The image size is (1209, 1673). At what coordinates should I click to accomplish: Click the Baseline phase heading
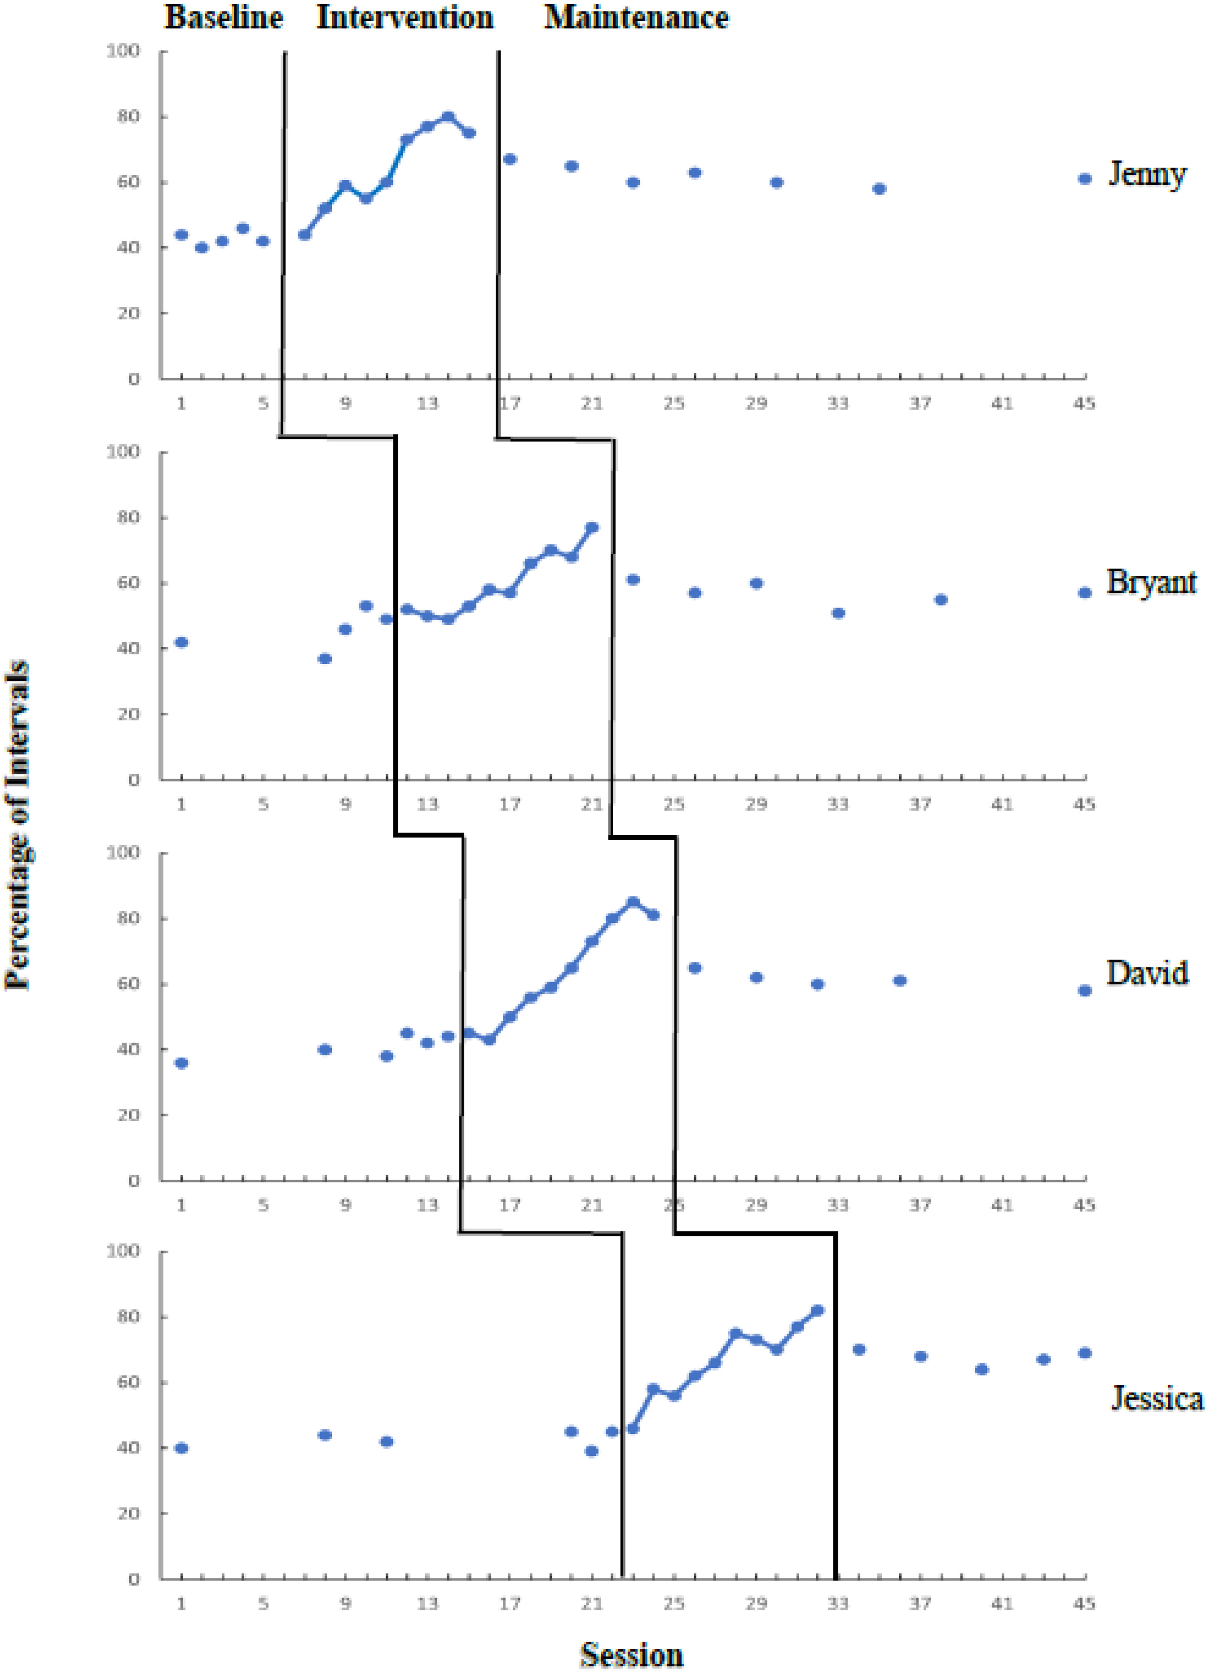coord(223,18)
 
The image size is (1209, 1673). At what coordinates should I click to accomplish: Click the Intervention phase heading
coord(405,18)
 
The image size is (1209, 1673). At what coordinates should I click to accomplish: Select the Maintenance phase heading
coord(636,18)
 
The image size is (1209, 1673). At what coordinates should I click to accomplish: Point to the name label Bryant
coord(1151,583)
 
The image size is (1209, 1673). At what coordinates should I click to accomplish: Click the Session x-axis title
coord(632,1655)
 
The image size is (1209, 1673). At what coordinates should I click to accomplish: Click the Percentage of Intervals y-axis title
coord(18,825)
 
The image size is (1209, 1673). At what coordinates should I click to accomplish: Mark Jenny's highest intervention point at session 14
coord(448,116)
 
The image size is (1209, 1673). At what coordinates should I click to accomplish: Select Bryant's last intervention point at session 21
coord(592,528)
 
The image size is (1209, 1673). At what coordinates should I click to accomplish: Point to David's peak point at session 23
coord(633,902)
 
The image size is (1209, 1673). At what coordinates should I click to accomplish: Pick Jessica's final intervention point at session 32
coord(817,1311)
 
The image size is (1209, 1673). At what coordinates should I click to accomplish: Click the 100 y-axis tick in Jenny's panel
coord(123,51)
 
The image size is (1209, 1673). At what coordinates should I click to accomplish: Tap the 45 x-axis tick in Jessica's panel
coord(1084,1603)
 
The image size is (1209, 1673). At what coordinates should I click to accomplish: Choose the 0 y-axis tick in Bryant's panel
coord(133,780)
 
